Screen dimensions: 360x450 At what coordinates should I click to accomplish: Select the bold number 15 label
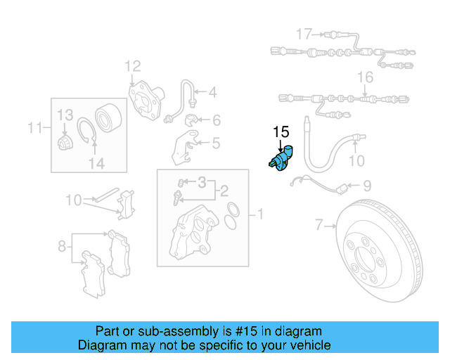281,131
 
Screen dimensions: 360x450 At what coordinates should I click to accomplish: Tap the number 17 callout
304,34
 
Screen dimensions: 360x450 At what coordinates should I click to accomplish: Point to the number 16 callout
365,77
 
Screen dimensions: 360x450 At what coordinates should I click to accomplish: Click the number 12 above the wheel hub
133,67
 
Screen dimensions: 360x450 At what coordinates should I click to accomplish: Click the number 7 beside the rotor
319,225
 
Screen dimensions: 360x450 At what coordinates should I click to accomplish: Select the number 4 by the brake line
212,91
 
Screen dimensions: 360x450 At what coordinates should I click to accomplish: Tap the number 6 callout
215,120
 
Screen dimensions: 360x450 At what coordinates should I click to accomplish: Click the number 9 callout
366,186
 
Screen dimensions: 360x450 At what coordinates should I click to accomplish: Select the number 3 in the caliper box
202,183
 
